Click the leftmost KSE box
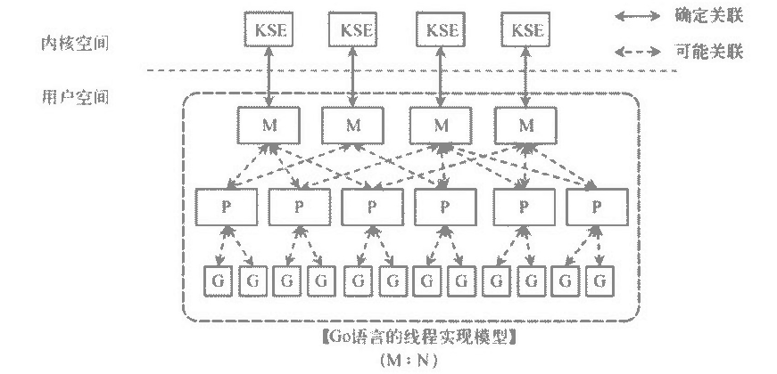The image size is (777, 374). coord(269,29)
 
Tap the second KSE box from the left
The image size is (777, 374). coord(355,29)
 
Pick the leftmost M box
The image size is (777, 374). coord(269,124)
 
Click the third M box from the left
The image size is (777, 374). coord(440,124)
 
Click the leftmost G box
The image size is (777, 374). coord(217,280)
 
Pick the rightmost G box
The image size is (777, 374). coord(602,280)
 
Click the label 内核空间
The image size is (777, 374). coord(75,43)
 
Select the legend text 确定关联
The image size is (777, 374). coord(710,15)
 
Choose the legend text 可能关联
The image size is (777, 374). coord(710,52)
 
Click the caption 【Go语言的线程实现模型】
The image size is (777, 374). coord(417,339)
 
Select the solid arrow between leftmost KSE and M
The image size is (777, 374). coord(269,77)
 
